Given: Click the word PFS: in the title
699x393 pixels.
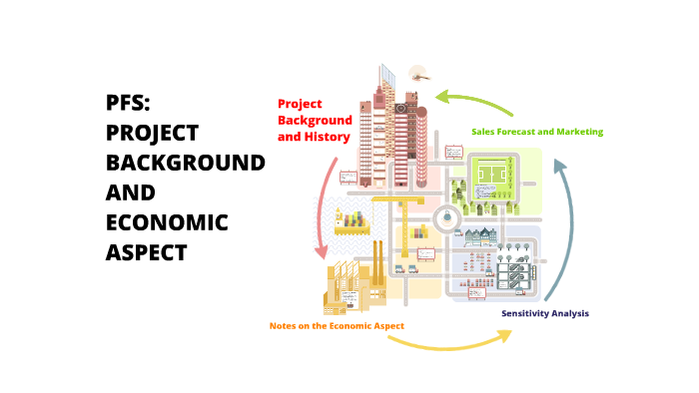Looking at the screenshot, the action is (129, 102).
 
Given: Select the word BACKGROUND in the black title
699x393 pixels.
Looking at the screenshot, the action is (186, 162).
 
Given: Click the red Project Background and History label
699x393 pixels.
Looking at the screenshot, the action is (314, 120).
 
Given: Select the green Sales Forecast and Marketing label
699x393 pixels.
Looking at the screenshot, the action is (536, 132).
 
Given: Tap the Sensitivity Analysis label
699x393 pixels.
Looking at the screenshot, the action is (544, 313).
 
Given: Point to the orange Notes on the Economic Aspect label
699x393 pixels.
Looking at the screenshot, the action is (337, 326).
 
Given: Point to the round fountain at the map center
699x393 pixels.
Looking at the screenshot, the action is (443, 211).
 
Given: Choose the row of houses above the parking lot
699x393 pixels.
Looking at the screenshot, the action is (479, 238).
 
